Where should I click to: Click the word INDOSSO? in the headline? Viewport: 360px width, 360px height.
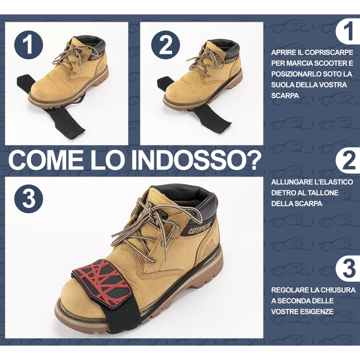(x=196, y=160)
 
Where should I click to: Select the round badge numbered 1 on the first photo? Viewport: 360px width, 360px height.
(x=29, y=45)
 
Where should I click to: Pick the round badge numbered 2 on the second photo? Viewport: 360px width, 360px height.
(x=166, y=45)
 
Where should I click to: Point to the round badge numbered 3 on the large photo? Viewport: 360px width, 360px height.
(x=29, y=198)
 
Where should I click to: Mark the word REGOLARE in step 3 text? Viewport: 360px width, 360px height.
(x=290, y=290)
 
